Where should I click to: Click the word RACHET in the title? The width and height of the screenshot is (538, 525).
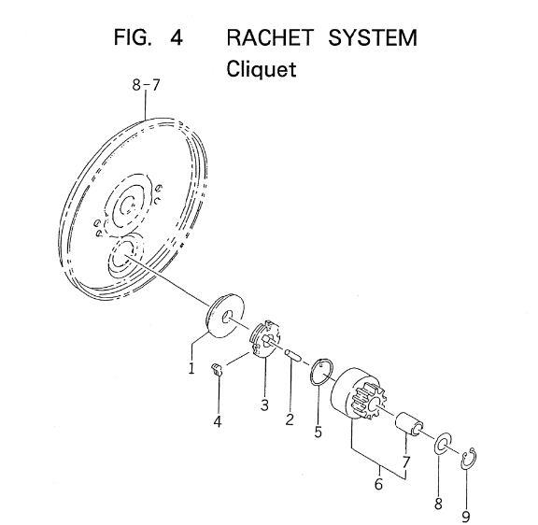270,37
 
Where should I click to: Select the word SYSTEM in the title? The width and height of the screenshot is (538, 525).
373,37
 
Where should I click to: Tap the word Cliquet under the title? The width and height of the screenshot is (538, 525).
262,69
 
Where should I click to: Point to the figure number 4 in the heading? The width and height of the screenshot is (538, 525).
177,37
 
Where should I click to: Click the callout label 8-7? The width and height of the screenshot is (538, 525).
146,85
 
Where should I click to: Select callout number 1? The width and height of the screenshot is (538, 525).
191,368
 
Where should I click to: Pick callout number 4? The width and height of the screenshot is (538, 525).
218,421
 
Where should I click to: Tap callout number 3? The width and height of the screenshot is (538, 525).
264,404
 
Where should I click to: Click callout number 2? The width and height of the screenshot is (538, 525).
290,419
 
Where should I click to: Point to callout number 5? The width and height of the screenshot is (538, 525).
319,432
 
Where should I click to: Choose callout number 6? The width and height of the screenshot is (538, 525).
378,484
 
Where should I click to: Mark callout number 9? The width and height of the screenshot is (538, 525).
465,517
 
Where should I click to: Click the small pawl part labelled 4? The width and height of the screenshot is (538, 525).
217,369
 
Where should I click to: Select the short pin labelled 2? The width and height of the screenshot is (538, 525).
293,356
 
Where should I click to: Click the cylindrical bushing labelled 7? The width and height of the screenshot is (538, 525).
409,424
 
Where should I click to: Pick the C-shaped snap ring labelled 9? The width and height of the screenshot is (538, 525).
462,459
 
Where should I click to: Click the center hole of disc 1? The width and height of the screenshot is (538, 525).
227,317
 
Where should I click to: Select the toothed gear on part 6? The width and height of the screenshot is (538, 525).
369,401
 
